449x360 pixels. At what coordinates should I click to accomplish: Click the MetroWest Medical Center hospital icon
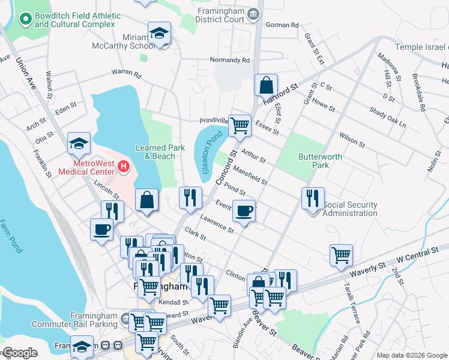pyautogui.click(x=124, y=166)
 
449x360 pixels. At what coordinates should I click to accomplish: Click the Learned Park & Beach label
pyautogui.click(x=155, y=152)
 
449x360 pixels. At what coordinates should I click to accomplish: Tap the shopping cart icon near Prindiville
pyautogui.click(x=240, y=125)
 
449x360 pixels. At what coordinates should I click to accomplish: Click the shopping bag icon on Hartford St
pyautogui.click(x=265, y=85)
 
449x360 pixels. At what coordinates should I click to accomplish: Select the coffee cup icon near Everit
pyautogui.click(x=244, y=211)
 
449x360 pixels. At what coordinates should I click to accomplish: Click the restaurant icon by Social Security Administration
pyautogui.click(x=313, y=198)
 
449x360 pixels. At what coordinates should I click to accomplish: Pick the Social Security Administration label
pyautogui.click(x=350, y=209)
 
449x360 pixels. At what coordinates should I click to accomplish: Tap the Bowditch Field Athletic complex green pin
pyautogui.click(x=26, y=20)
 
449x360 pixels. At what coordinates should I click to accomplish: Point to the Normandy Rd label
pyautogui.click(x=229, y=60)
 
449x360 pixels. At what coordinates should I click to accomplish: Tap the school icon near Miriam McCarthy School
pyautogui.click(x=160, y=32)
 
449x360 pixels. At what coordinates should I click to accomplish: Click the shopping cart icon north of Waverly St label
pyautogui.click(x=341, y=254)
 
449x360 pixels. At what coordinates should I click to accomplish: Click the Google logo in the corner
pyautogui.click(x=19, y=353)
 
